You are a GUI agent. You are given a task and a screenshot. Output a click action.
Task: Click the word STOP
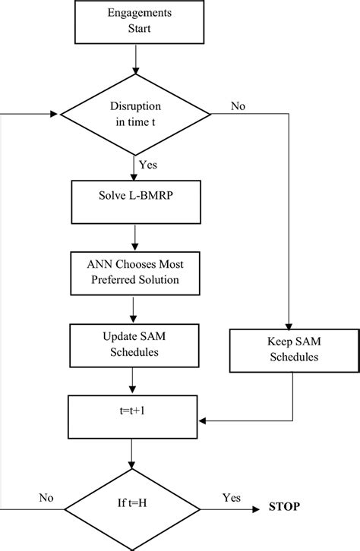click(283, 505)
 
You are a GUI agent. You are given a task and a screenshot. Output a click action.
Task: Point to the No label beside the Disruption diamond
click(237, 107)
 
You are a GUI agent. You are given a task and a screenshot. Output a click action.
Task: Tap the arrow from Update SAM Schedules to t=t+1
click(134, 379)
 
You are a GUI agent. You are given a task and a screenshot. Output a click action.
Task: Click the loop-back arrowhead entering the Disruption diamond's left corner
click(54, 115)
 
